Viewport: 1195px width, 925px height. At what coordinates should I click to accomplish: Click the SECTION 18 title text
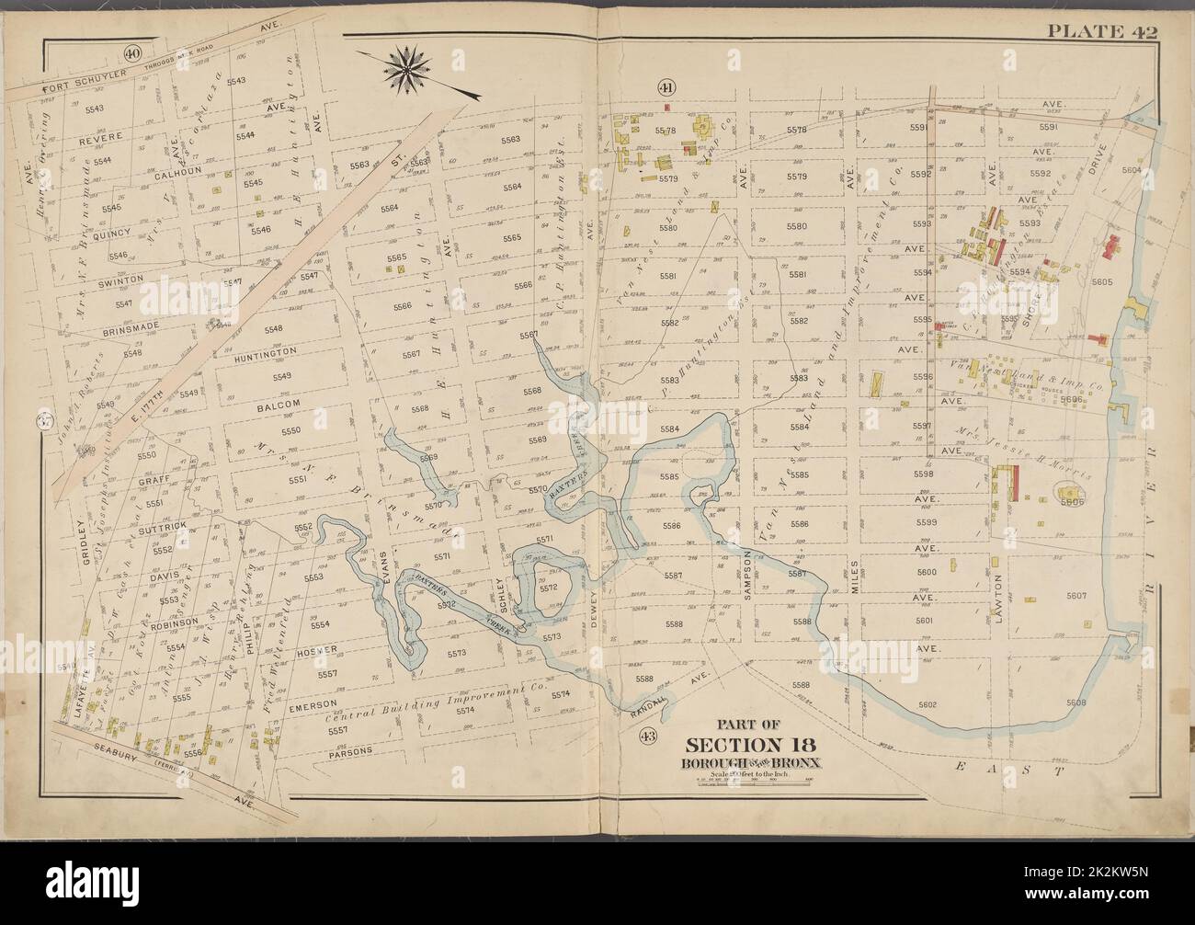click(753, 745)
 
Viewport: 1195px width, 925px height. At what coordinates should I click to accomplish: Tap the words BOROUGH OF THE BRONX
click(753, 763)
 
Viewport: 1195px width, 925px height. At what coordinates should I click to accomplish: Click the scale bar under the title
click(753, 783)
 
